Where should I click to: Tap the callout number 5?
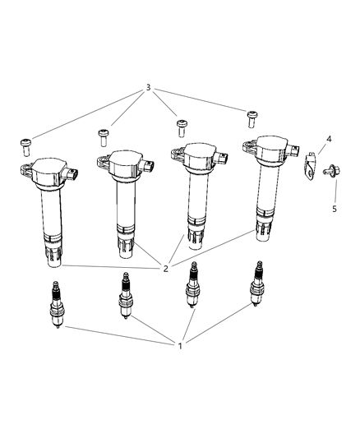[335, 210]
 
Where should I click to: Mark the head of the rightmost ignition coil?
[264, 149]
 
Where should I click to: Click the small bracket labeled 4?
[312, 164]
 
